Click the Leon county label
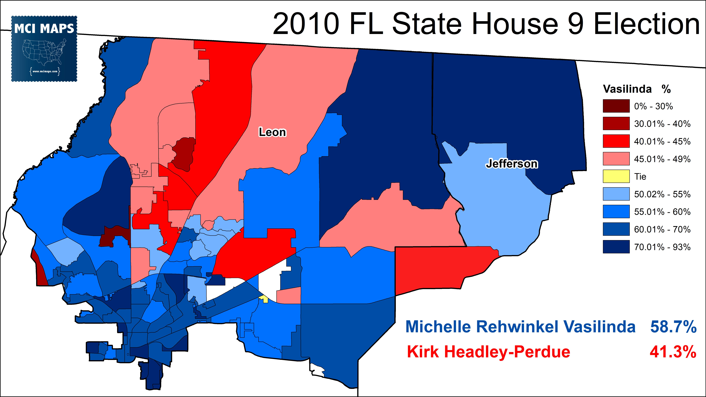pos(272,132)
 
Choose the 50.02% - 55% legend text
pos(662,194)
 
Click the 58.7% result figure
pos(673,327)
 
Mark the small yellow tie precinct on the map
pos(264,299)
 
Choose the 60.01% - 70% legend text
pos(662,229)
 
